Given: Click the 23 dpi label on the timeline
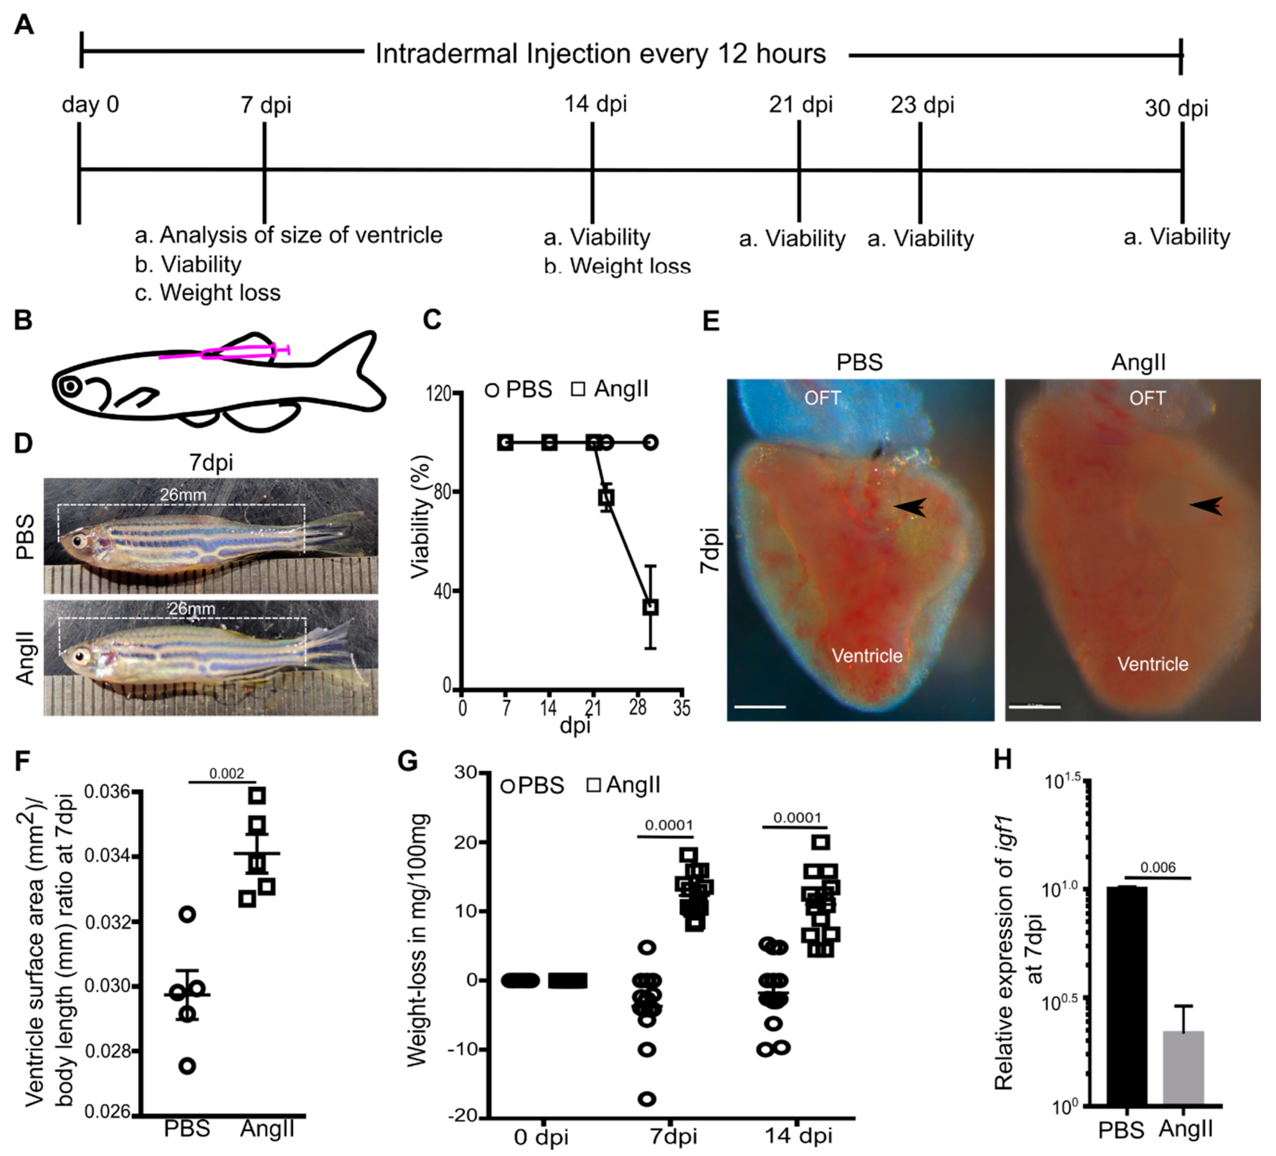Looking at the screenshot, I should coord(922,105).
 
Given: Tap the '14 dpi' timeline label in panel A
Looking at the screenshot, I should coord(595,103).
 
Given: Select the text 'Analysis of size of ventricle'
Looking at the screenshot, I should coord(301,235).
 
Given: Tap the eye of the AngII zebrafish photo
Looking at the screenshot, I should coord(80,656).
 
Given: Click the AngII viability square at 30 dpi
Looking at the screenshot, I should coord(650,607).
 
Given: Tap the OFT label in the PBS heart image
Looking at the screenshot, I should coord(822,398).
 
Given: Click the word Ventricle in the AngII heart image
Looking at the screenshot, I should coord(1153,664).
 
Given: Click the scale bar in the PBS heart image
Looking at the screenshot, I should coord(760,706).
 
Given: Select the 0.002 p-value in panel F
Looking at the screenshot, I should coord(227,773).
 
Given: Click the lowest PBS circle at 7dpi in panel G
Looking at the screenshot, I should coord(647,1098).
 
